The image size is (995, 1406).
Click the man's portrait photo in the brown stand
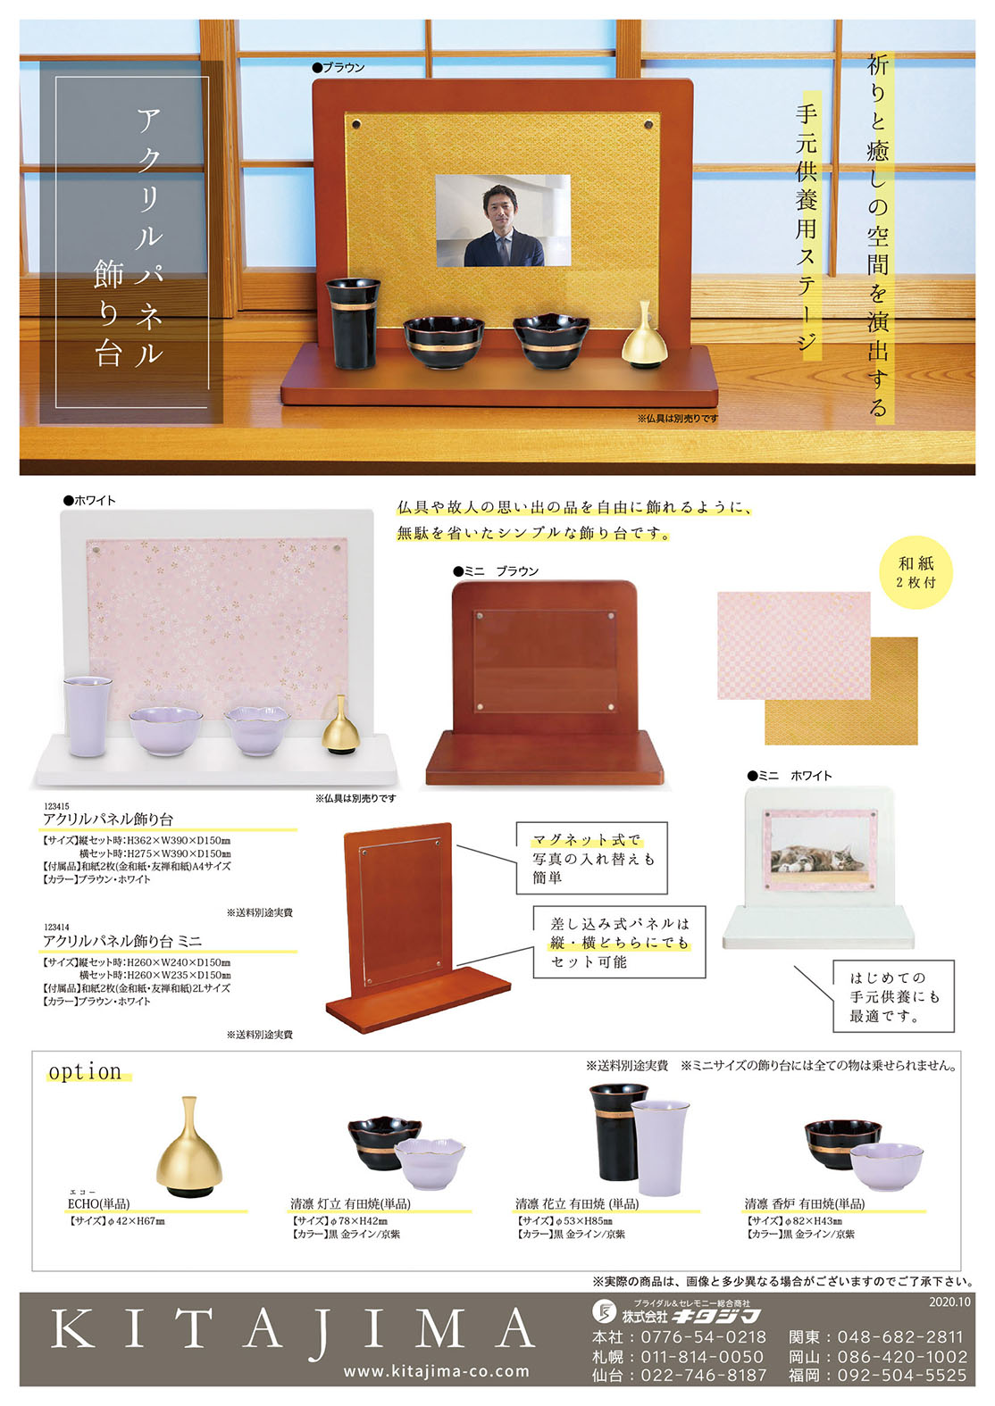coord(503,220)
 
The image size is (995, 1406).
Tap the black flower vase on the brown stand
coord(353,324)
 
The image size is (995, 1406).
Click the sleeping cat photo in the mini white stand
coord(819,851)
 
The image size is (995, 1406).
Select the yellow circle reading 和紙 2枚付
coord(916,572)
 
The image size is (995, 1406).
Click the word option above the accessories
coord(85,1071)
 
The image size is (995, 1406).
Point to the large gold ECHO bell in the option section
coord(188,1146)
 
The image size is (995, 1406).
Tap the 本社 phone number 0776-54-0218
coord(703,1337)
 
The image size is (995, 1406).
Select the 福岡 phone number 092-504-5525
coord(902,1376)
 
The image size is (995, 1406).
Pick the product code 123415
coord(56,806)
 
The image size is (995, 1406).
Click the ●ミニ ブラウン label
coord(496,571)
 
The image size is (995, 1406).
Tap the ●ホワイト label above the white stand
coord(89,500)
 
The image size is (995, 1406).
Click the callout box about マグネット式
coord(591,858)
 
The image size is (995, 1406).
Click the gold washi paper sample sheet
coord(841,690)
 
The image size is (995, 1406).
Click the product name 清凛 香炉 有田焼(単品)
coord(805,1203)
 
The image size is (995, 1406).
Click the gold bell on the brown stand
coord(640,334)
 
